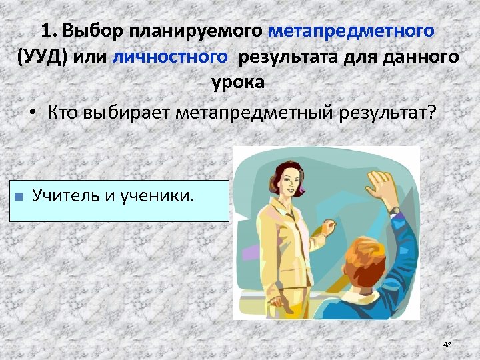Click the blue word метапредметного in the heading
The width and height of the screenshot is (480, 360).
pos(351,31)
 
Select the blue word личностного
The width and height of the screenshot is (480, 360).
pos(171,57)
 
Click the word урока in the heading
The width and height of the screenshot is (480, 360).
pos(238,83)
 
